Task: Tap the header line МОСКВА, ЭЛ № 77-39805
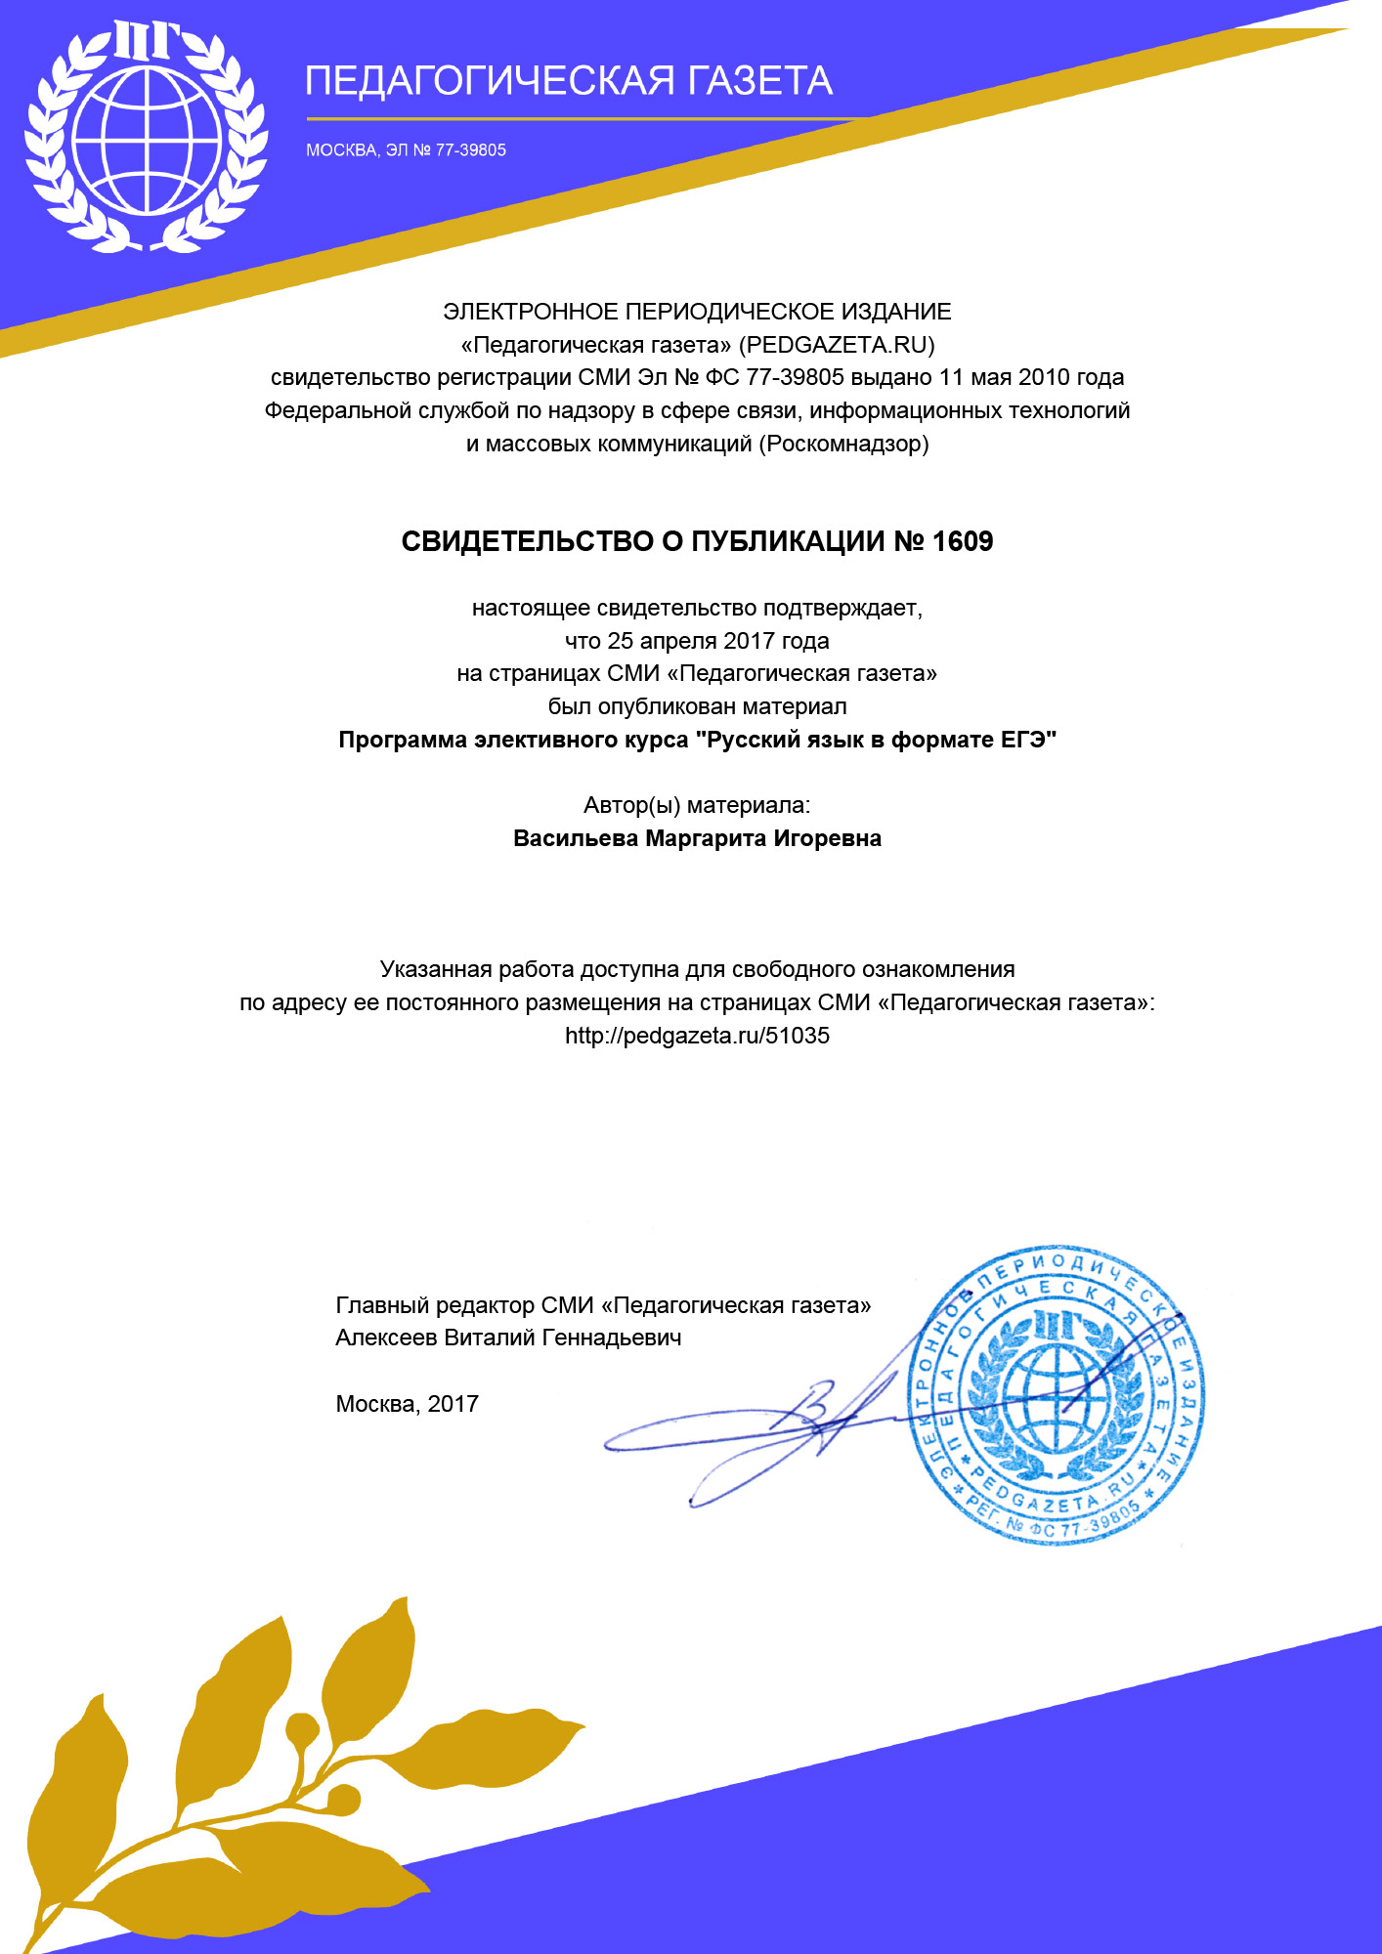pyautogui.click(x=406, y=150)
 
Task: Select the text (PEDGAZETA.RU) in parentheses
pyautogui.click(x=837, y=345)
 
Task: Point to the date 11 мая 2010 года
pyautogui.click(x=1031, y=378)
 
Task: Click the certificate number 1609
pyautogui.click(x=963, y=542)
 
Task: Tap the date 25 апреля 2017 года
pyautogui.click(x=718, y=642)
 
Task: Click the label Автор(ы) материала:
pyautogui.click(x=697, y=806)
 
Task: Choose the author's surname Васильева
pyautogui.click(x=576, y=839)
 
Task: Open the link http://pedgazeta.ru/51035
pyautogui.click(x=697, y=1037)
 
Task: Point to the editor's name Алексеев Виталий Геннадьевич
pyautogui.click(x=508, y=1338)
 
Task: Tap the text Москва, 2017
pyautogui.click(x=407, y=1405)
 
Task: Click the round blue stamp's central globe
pyautogui.click(x=1056, y=1397)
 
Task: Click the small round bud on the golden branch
pyautogui.click(x=302, y=1729)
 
